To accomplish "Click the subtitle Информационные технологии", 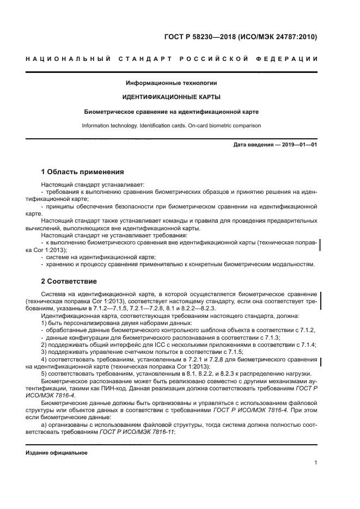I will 172,83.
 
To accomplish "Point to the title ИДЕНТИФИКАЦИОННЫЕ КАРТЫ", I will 172,97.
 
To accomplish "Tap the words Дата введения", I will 251,145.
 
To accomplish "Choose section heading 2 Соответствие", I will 69,281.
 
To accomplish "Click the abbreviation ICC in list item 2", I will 141,345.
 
